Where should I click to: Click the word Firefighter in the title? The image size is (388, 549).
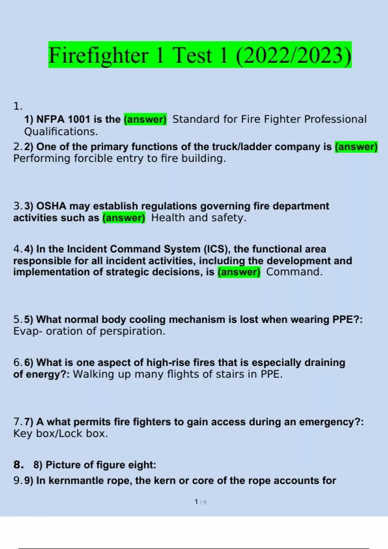(x=98, y=55)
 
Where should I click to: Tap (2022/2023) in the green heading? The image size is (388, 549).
(x=294, y=55)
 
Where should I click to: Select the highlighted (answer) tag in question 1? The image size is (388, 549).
(x=145, y=119)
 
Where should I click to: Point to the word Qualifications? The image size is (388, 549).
(x=61, y=132)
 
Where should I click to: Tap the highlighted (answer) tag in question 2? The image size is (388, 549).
(x=356, y=147)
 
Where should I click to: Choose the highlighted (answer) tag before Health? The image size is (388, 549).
(x=124, y=218)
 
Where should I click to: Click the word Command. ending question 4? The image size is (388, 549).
(x=294, y=272)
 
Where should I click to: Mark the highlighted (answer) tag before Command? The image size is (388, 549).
(x=239, y=272)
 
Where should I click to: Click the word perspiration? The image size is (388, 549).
(x=132, y=331)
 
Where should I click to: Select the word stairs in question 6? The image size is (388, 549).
(x=231, y=374)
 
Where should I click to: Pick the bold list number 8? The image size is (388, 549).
(x=18, y=465)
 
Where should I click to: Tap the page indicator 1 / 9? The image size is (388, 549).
(x=200, y=502)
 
